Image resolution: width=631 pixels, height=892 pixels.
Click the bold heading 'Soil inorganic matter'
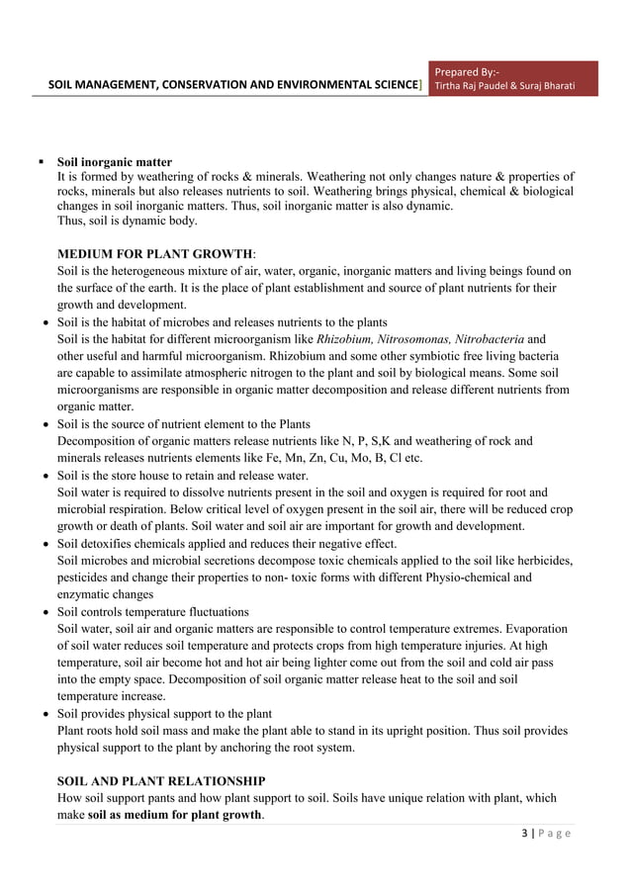pos(115,161)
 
